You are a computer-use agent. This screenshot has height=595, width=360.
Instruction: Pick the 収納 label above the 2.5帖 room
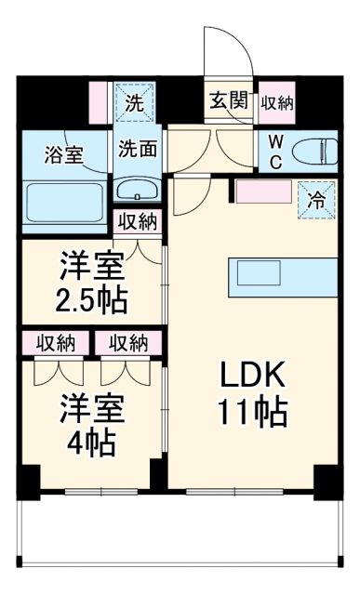[138, 223]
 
